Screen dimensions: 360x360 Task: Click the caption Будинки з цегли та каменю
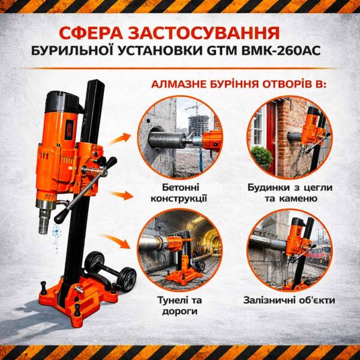[x=290, y=193]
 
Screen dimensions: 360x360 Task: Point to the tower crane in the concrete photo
[x=193, y=111]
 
